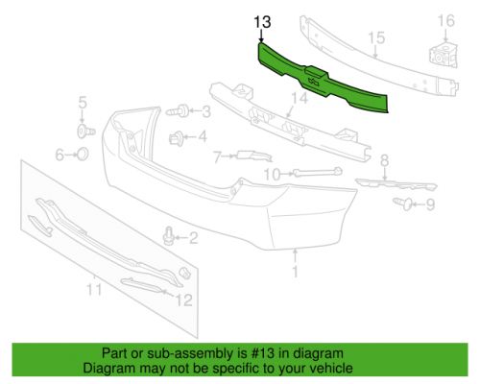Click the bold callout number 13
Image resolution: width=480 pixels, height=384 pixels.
pyautogui.click(x=262, y=22)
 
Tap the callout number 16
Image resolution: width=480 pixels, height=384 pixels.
pyautogui.click(x=445, y=21)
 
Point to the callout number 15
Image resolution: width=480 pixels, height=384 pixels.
pyautogui.click(x=376, y=37)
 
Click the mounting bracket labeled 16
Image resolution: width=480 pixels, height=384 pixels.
pyautogui.click(x=443, y=57)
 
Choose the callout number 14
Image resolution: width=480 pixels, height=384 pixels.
pyautogui.click(x=300, y=98)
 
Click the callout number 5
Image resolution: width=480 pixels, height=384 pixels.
pyautogui.click(x=83, y=103)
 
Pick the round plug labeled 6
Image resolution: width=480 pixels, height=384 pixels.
pyautogui.click(x=83, y=155)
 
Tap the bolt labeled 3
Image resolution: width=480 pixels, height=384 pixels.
pyautogui.click(x=177, y=111)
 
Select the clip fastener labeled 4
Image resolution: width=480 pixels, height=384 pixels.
pyautogui.click(x=177, y=138)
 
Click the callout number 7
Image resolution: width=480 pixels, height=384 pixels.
pyautogui.click(x=218, y=157)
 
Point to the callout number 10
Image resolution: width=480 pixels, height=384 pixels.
pyautogui.click(x=272, y=175)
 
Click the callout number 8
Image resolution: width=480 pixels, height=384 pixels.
pyautogui.click(x=384, y=160)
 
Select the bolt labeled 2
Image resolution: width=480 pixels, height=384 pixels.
pyautogui.click(x=168, y=236)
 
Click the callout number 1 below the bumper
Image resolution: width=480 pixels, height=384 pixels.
pyautogui.click(x=295, y=272)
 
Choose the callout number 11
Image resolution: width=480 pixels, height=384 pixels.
pyautogui.click(x=94, y=289)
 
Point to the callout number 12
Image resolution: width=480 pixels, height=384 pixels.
pyautogui.click(x=183, y=300)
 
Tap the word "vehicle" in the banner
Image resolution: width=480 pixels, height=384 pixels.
pyautogui.click(x=332, y=369)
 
